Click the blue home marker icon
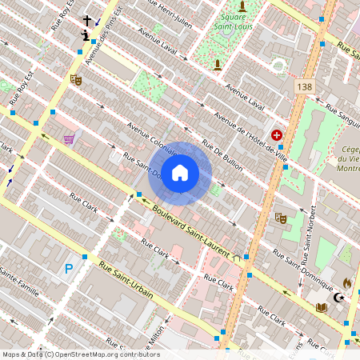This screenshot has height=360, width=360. pyautogui.click(x=180, y=173)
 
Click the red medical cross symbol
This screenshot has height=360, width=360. pyautogui.click(x=277, y=136)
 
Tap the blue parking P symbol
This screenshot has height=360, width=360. pyautogui.click(x=69, y=270)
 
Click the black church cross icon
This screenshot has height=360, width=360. pyautogui.click(x=87, y=20)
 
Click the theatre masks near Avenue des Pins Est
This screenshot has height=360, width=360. pyautogui.click(x=76, y=79)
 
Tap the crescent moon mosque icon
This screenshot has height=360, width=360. pyautogui.click(x=339, y=298)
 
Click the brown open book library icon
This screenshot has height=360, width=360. pyautogui.click(x=322, y=306)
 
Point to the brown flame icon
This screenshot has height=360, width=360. pyautogui.click(x=347, y=282)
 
